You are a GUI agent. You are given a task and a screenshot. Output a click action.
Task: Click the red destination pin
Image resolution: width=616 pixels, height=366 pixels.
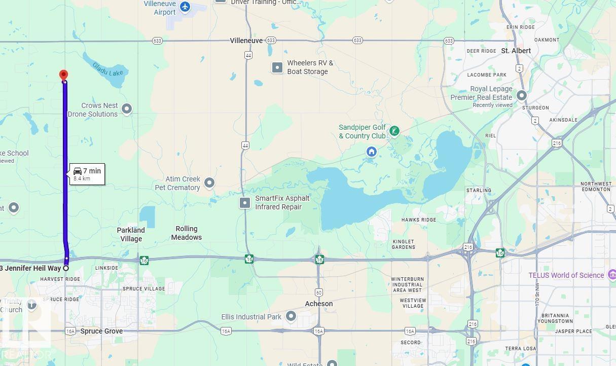(63, 75)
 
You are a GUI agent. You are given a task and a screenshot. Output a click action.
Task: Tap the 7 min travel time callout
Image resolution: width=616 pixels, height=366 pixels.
(87, 174)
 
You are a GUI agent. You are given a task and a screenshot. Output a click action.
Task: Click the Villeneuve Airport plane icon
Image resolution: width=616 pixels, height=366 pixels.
(185, 7)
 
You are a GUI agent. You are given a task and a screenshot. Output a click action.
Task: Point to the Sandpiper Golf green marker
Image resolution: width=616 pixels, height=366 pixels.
(394, 132)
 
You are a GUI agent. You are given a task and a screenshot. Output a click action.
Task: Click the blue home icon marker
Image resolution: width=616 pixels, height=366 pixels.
(372, 152)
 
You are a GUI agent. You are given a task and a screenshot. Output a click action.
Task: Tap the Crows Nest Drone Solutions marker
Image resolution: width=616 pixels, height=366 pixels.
(127, 109)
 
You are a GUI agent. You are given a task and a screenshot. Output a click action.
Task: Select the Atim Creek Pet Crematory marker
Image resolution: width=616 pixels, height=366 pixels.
(209, 182)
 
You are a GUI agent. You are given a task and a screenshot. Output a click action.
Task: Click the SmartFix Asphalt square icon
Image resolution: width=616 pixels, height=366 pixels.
(245, 203)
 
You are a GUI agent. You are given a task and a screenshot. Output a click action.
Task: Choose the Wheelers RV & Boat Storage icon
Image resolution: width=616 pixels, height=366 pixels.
(277, 67)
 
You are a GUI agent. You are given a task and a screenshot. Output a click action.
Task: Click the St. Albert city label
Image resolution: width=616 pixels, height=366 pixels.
(516, 51)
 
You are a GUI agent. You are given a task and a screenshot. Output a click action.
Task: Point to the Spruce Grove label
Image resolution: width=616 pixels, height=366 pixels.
(101, 331)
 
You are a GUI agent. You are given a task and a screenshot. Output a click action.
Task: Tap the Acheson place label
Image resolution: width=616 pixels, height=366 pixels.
(318, 304)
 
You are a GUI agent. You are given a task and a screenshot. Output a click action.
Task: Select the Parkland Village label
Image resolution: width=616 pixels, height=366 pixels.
(131, 234)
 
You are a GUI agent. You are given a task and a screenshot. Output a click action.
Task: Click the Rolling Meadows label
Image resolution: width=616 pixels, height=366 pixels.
(186, 233)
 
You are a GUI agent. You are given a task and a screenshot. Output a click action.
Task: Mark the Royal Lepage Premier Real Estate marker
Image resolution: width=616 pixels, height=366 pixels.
(521, 95)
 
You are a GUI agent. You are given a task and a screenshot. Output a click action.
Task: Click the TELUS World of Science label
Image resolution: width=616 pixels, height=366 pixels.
(566, 275)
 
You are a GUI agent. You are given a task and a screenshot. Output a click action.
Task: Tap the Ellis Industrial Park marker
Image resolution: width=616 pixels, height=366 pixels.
(291, 317)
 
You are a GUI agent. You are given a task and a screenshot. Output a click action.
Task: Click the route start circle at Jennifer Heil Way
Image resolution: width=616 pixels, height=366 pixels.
(66, 268)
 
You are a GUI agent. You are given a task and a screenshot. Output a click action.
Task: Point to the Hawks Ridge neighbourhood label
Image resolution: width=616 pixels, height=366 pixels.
(418, 220)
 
